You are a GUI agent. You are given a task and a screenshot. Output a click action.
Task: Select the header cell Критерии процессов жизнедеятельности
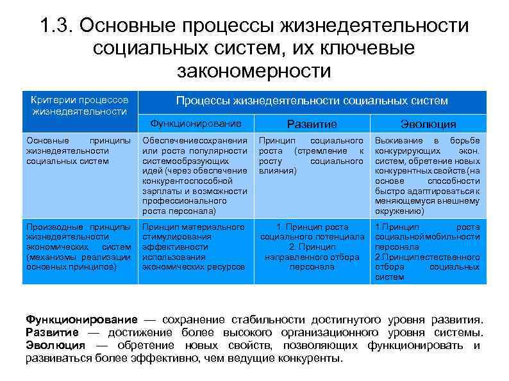click(x=80, y=106)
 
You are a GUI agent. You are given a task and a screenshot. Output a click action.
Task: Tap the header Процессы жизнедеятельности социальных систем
click(x=312, y=101)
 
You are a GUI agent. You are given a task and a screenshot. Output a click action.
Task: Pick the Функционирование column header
click(x=196, y=124)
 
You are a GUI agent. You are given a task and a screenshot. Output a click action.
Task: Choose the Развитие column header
click(x=312, y=124)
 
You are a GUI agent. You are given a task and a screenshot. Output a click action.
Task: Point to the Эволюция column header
click(x=428, y=124)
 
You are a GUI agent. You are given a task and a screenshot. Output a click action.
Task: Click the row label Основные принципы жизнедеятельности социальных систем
click(x=79, y=150)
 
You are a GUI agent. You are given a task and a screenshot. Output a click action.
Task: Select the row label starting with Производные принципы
click(x=79, y=247)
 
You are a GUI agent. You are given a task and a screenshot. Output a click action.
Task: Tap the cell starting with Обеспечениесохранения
click(x=195, y=175)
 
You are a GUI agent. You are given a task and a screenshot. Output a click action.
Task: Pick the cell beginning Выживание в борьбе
click(x=428, y=175)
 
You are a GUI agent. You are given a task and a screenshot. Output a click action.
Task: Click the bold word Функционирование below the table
click(x=81, y=320)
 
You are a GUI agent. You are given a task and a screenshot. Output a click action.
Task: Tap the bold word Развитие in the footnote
click(x=52, y=332)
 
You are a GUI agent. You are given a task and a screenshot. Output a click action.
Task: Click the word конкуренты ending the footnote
click(x=309, y=358)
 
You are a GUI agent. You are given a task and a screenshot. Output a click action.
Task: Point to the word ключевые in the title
click(x=360, y=48)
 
